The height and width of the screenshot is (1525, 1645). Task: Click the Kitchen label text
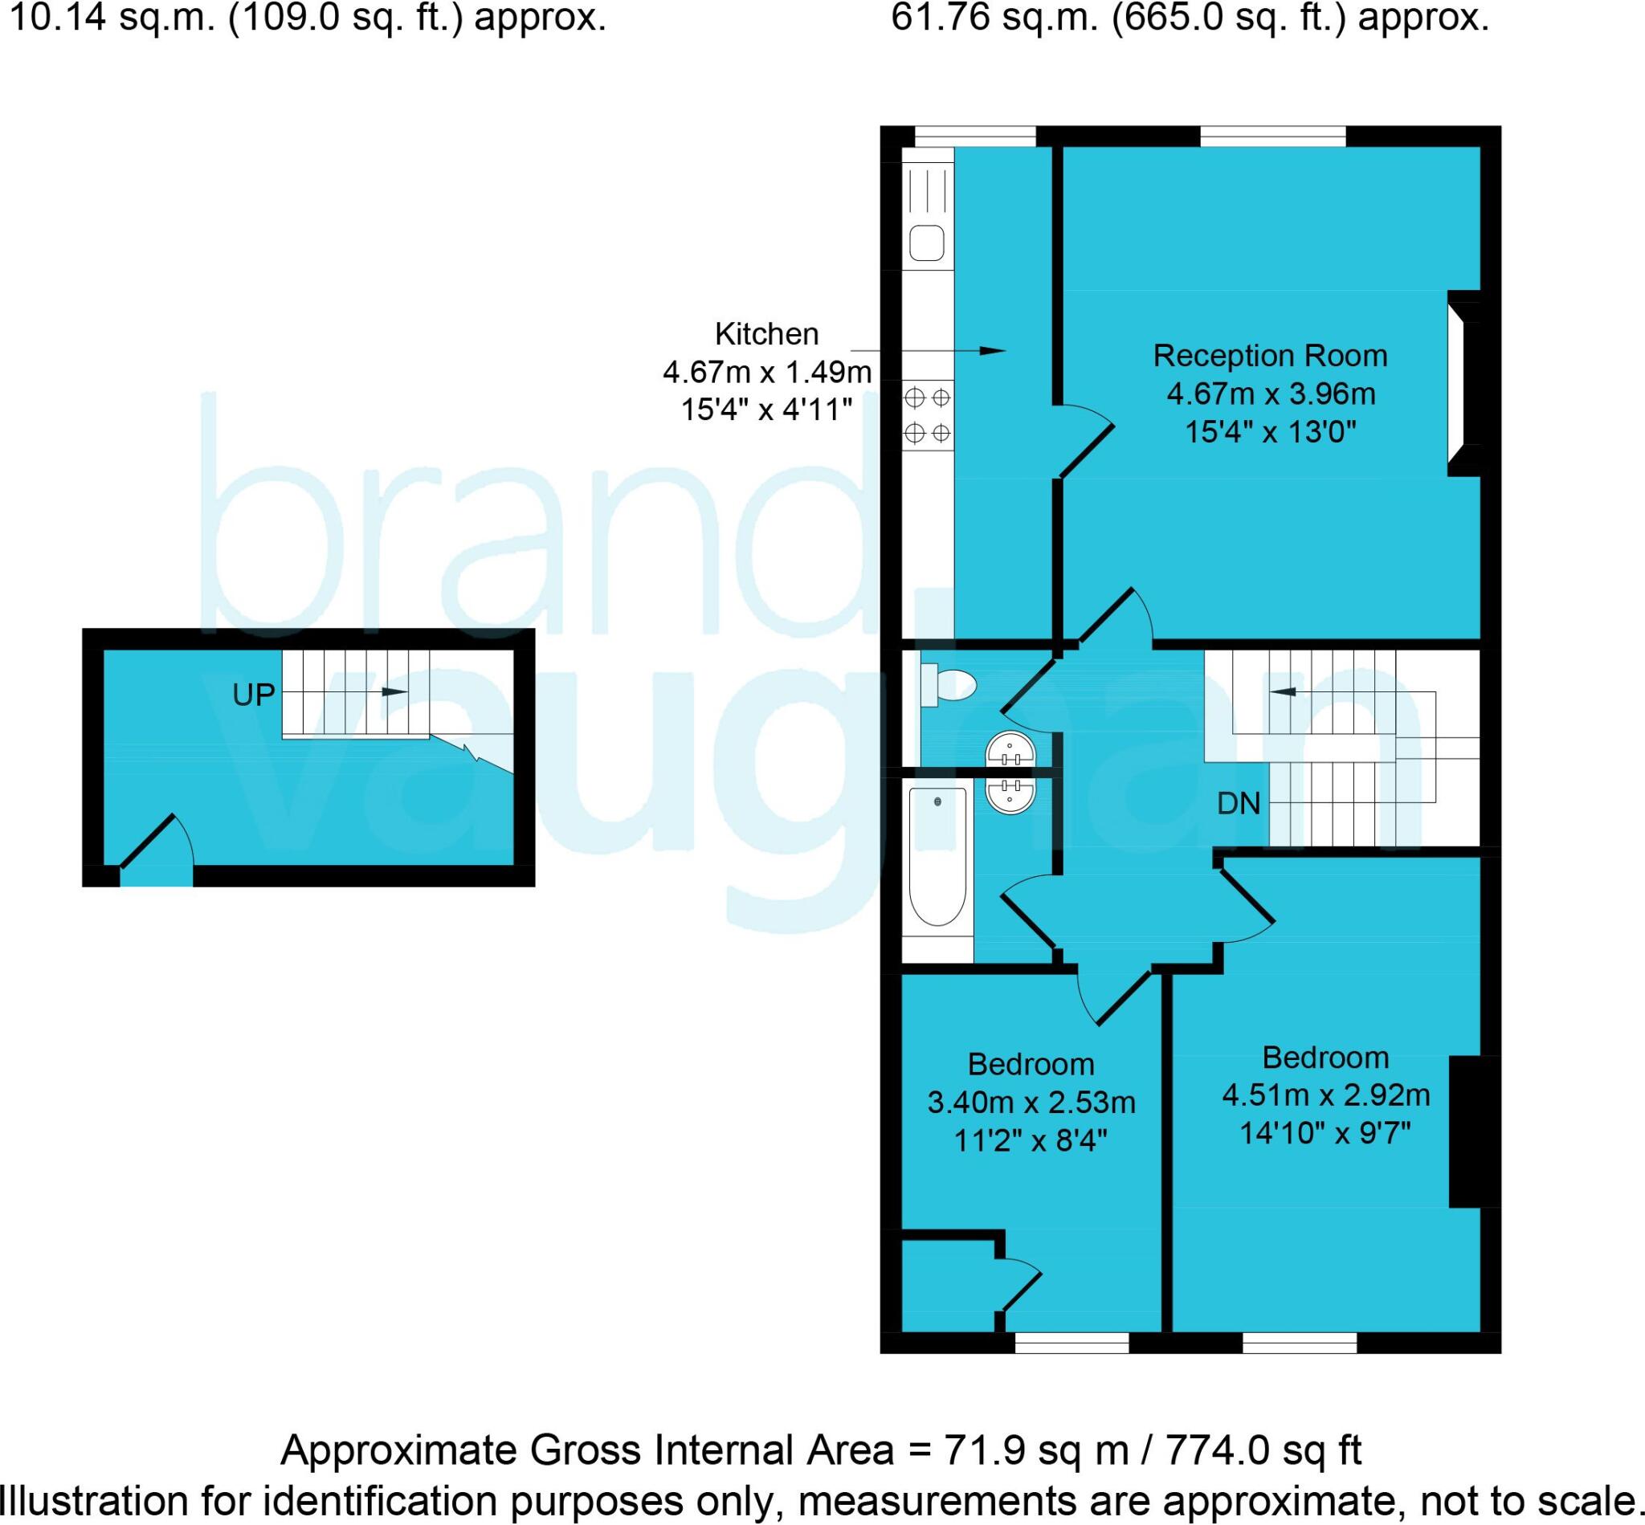tap(767, 334)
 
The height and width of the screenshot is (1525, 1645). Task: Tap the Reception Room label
tap(1269, 356)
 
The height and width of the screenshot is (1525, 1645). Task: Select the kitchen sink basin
tap(927, 243)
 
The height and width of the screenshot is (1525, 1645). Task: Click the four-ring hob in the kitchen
tap(927, 415)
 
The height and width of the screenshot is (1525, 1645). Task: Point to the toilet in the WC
tap(949, 685)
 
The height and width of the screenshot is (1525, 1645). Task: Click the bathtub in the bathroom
tap(937, 856)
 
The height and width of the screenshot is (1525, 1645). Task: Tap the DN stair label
tap(1238, 803)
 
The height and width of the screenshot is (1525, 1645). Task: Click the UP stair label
tap(253, 695)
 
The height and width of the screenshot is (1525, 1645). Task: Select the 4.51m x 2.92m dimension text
tap(1325, 1095)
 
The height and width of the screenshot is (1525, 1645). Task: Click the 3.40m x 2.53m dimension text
tap(1031, 1103)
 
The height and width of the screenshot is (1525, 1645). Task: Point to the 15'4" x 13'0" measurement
tap(1270, 431)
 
